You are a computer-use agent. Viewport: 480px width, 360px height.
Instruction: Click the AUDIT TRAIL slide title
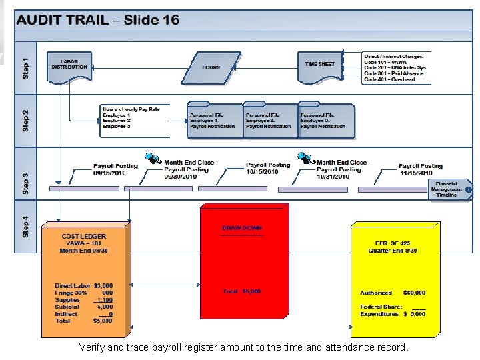98,20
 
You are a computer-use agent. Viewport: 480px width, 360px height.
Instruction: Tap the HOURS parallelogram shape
211,68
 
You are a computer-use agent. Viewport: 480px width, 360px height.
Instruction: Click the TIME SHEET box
320,65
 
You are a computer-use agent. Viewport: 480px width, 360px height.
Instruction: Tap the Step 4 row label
25,225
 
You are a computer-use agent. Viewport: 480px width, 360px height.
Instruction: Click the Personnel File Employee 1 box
213,121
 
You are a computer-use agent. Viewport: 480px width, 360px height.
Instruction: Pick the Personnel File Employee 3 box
323,121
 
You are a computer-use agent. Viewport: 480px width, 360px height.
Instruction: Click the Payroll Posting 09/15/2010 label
115,169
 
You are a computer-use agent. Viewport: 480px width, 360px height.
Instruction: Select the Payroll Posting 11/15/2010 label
420,169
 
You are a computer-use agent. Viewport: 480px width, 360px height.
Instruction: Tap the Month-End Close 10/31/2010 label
343,169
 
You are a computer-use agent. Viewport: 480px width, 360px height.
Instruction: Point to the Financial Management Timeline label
447,189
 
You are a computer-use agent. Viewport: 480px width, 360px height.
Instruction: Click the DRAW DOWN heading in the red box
242,229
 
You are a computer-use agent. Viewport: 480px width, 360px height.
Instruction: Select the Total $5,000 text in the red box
241,291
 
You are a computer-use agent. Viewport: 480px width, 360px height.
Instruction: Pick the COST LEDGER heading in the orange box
83,237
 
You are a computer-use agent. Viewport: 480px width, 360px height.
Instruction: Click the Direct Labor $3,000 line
83,286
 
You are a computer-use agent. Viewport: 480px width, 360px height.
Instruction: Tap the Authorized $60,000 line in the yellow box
393,293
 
